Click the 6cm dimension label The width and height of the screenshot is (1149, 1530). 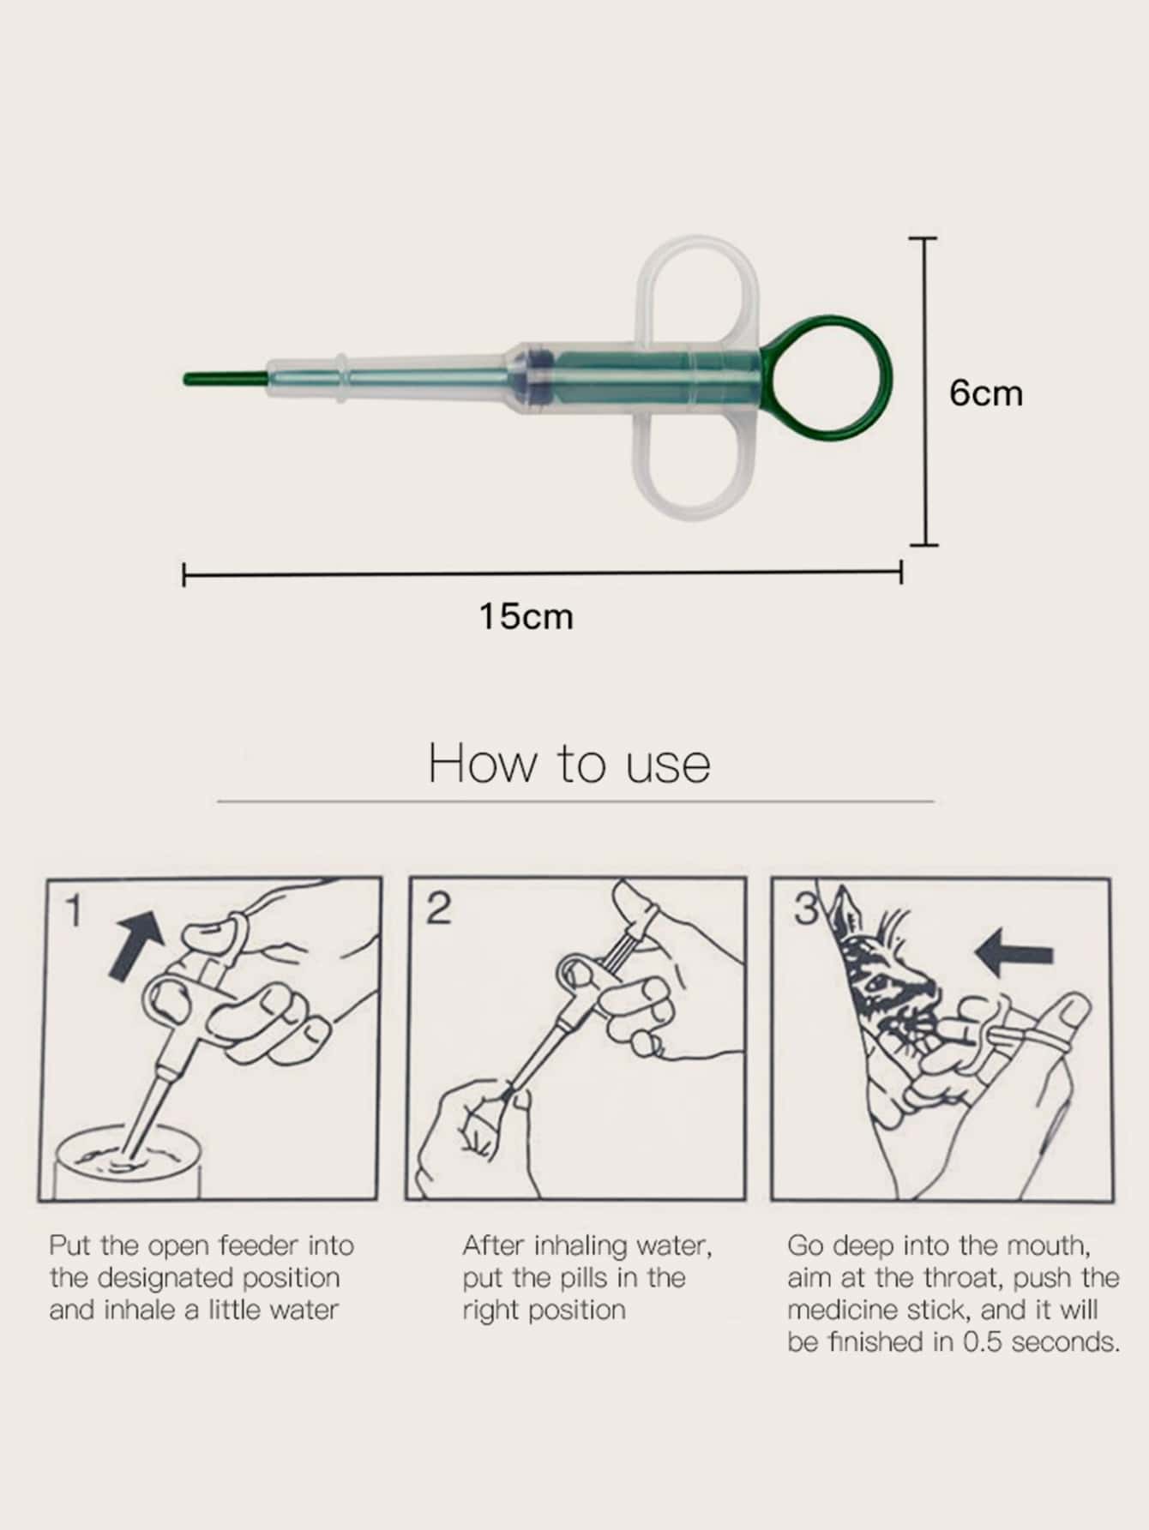click(x=986, y=393)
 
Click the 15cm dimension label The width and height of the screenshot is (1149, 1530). click(x=526, y=616)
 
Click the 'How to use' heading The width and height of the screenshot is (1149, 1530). click(x=569, y=763)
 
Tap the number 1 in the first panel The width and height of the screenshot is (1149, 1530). click(x=75, y=911)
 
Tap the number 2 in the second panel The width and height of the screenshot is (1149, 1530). click(x=438, y=909)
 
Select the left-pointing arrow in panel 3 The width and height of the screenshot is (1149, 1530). click(x=1014, y=954)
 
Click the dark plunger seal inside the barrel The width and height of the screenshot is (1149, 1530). click(x=538, y=377)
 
